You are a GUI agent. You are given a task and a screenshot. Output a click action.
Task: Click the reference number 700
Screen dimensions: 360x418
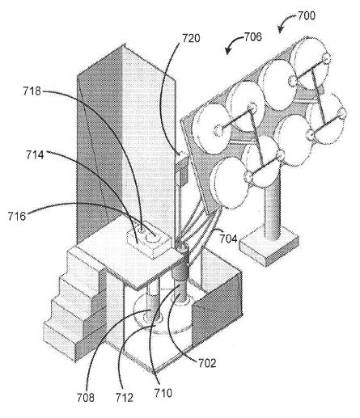coord(307,15)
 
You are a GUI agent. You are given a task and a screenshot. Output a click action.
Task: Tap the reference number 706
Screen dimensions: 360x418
coord(253,37)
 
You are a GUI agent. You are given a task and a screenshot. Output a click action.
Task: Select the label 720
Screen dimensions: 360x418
coord(191,38)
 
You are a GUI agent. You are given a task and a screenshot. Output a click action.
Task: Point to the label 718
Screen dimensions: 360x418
coord(32,91)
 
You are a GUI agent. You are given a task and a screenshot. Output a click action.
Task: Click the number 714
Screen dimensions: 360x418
coord(35,155)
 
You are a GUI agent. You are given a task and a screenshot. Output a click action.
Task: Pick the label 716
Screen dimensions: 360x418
coord(17,216)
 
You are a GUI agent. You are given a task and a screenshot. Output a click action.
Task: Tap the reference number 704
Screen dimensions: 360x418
coord(228,239)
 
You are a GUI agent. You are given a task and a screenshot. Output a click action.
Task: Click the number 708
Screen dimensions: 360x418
coord(86,398)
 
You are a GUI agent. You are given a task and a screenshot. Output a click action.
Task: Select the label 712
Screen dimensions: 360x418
coord(125,398)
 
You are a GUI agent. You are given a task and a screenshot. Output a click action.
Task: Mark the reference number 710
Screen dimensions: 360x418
coord(163,393)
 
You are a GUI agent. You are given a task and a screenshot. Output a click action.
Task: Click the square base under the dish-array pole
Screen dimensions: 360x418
coord(269,247)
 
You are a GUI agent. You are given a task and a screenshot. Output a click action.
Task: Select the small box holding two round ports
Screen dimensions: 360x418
coord(149,240)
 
